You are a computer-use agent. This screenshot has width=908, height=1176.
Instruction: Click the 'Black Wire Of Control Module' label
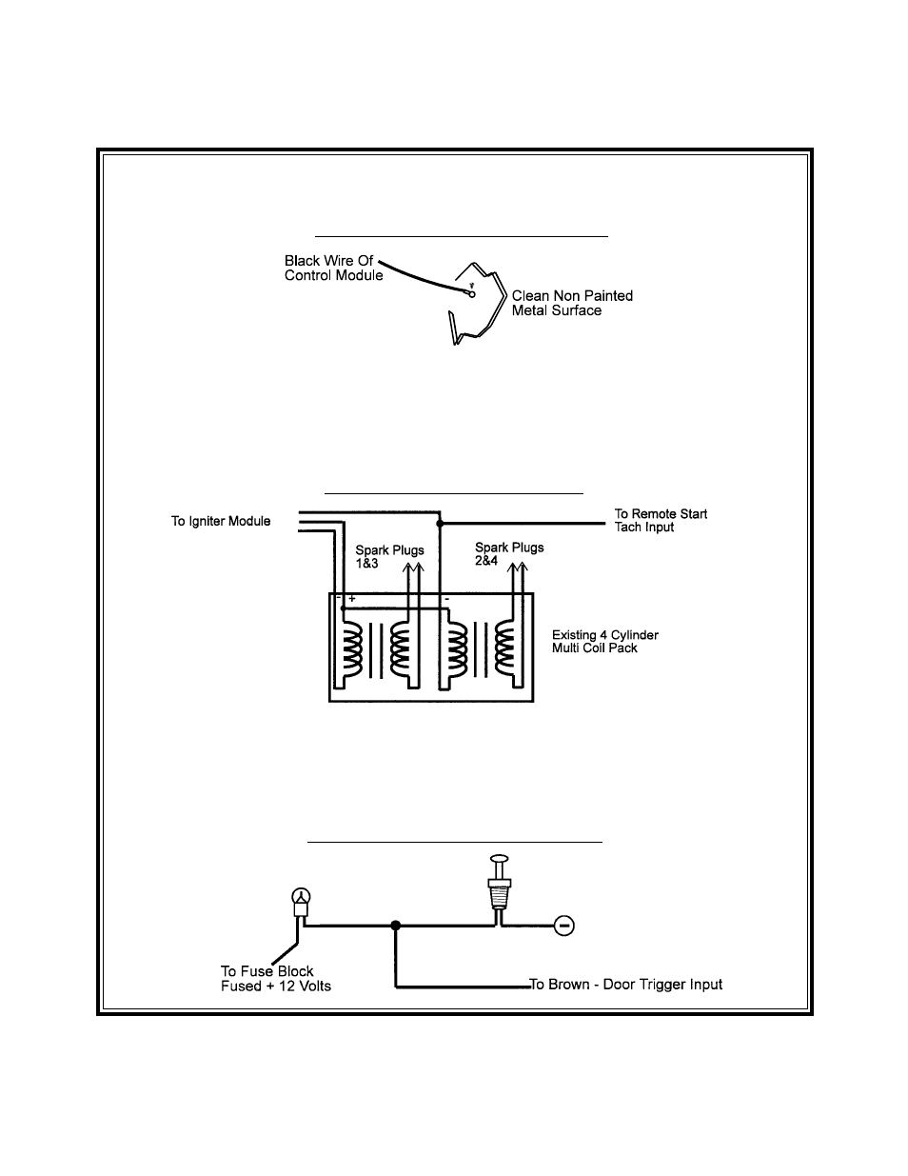click(x=334, y=268)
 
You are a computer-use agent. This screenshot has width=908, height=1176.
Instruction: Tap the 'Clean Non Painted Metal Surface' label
click(x=572, y=303)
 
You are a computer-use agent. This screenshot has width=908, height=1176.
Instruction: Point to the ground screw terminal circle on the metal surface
click(x=471, y=294)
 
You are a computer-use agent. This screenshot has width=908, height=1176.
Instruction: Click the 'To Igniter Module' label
click(x=221, y=521)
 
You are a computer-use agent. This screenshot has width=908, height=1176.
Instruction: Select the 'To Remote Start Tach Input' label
click(x=661, y=520)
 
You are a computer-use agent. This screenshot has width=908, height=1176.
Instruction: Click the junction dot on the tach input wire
click(x=440, y=524)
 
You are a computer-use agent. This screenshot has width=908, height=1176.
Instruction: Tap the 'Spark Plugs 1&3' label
click(x=389, y=556)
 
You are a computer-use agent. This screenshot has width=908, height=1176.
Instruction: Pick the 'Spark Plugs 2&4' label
click(x=509, y=553)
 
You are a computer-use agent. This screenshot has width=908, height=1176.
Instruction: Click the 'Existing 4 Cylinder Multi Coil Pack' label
click(x=605, y=641)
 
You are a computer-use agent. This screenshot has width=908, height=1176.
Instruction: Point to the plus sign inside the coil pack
click(x=351, y=599)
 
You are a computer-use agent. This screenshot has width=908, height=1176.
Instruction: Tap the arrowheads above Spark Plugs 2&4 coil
click(x=517, y=568)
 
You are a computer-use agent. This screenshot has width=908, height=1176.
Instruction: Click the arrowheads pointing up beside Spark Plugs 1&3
click(x=413, y=568)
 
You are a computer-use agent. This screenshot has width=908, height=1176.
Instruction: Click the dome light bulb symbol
click(x=301, y=901)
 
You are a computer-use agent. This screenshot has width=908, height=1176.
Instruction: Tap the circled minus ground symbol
click(x=564, y=926)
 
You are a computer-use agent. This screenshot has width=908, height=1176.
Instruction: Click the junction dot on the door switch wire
click(x=396, y=926)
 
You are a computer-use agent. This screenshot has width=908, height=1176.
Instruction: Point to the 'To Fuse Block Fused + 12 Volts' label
click(x=275, y=979)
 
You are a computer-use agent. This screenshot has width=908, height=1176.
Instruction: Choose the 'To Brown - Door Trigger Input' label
click(x=625, y=984)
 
